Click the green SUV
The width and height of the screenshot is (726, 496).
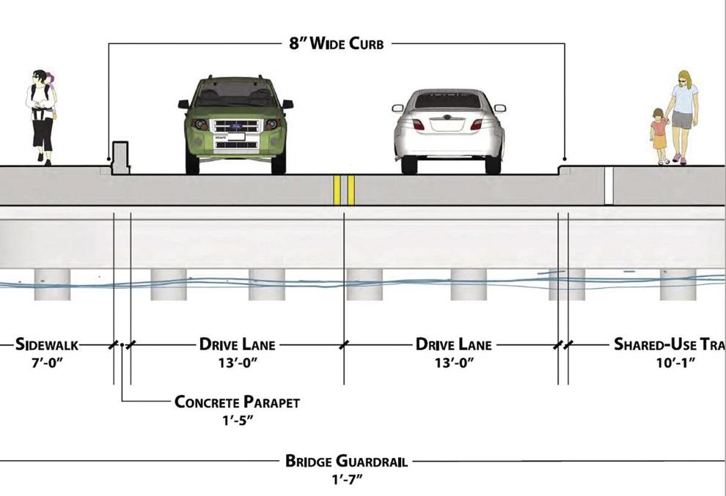pos(235,125)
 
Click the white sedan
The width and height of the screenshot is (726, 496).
pos(448,131)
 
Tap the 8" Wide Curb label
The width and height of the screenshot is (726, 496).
pos(337,43)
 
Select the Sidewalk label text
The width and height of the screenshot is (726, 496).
pos(47,344)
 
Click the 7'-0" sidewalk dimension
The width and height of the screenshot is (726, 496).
pos(47,363)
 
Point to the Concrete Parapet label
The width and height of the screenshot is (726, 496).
pos(237,402)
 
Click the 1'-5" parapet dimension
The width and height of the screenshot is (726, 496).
pos(237,421)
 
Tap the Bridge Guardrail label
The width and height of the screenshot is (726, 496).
pos(346,462)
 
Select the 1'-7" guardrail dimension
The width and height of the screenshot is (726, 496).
pos(346,479)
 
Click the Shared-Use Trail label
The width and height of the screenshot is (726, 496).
pos(670,344)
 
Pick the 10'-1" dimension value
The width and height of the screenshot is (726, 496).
pos(675,363)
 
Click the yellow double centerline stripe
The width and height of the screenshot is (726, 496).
pos(344,190)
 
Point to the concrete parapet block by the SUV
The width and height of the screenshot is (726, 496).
pos(120,158)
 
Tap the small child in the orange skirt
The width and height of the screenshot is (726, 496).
pos(659,136)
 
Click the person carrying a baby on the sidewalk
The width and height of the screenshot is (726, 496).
pos(42,117)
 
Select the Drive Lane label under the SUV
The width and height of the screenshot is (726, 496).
pos(237,344)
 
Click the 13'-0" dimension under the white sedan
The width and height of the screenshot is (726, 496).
pos(454,363)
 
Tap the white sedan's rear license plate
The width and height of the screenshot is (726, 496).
pos(447,125)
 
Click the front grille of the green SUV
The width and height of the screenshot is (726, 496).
pos(236,126)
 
